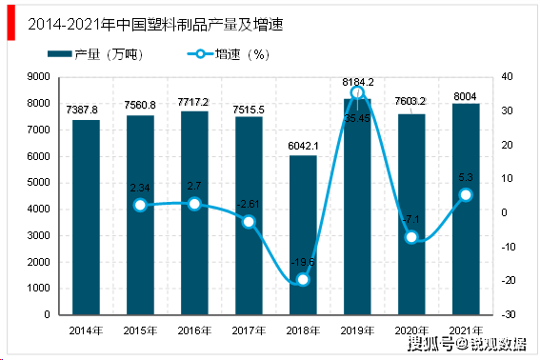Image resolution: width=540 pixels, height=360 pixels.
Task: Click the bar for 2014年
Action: [86, 217]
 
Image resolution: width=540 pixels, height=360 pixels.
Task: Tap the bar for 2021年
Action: [466, 209]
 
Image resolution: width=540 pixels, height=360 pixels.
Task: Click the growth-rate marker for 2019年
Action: [357, 92]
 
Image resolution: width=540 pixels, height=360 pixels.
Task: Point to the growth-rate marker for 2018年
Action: [303, 279]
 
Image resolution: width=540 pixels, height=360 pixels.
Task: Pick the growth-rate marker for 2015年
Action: [140, 205]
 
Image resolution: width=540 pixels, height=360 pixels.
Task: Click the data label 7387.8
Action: [86, 110]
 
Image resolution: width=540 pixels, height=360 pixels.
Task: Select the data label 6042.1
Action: [303, 146]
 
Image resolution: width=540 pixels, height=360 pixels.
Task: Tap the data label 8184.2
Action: [357, 83]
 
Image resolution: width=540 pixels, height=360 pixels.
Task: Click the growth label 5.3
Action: [466, 176]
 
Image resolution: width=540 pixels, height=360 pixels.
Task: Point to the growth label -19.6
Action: [303, 263]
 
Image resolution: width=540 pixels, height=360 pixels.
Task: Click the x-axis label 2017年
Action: [249, 330]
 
